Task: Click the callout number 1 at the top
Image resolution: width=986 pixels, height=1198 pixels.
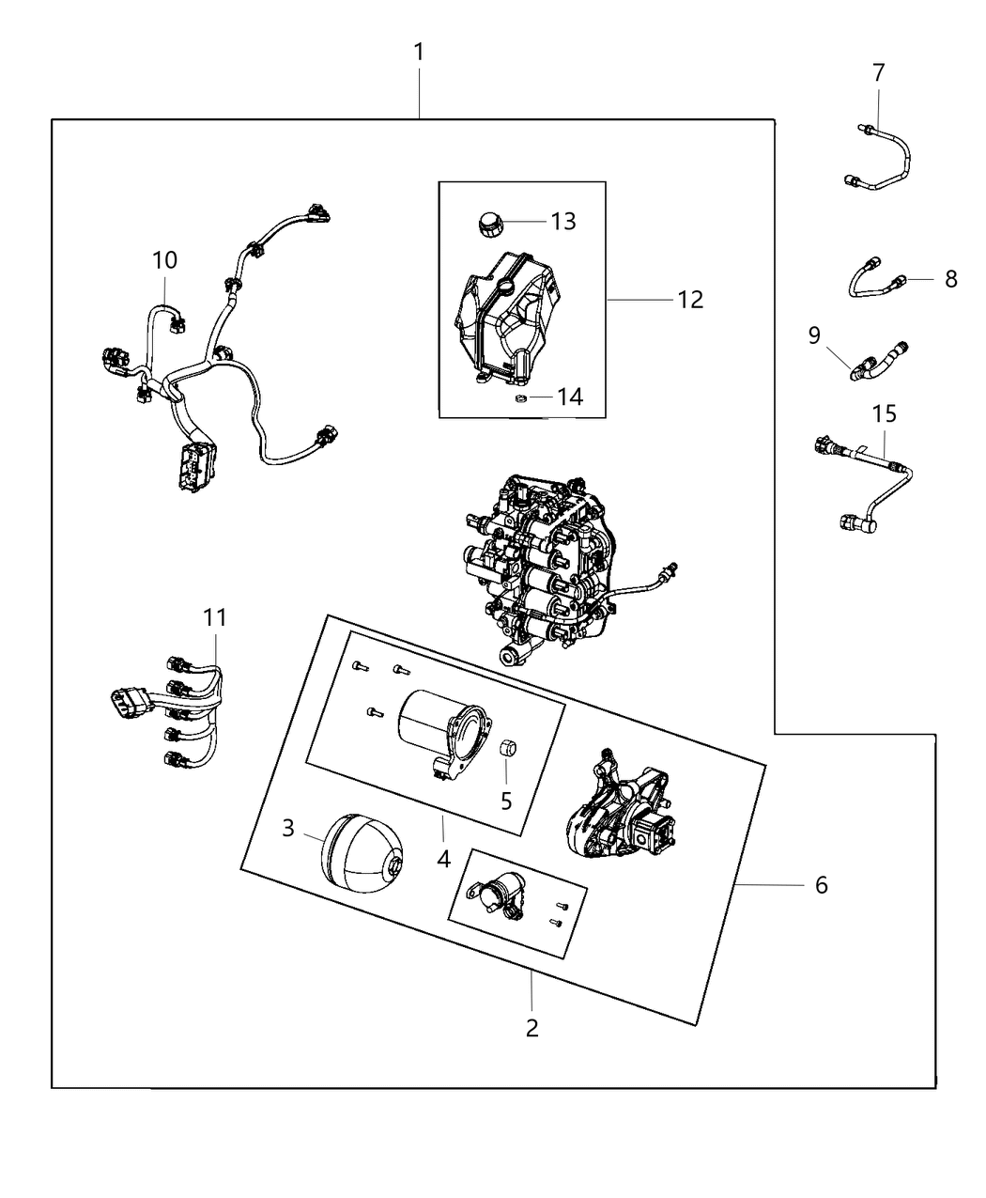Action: coord(419,53)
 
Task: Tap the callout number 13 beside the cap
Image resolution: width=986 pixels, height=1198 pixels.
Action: coord(563,222)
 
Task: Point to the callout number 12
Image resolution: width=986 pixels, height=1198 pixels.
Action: coord(690,300)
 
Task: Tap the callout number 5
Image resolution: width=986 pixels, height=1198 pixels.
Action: coord(506,801)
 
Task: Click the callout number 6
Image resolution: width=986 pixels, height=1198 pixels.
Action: coord(821,885)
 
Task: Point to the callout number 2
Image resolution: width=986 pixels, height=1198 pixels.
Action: coord(532,1028)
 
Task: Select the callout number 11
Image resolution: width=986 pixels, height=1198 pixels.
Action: coord(215,617)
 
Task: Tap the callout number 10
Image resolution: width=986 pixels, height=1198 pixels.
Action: coord(164,259)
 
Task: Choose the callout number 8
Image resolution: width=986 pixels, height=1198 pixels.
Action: coord(951,279)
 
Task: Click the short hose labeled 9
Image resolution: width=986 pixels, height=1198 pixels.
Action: coord(877,363)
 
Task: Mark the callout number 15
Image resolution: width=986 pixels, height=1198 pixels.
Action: coord(884,413)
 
